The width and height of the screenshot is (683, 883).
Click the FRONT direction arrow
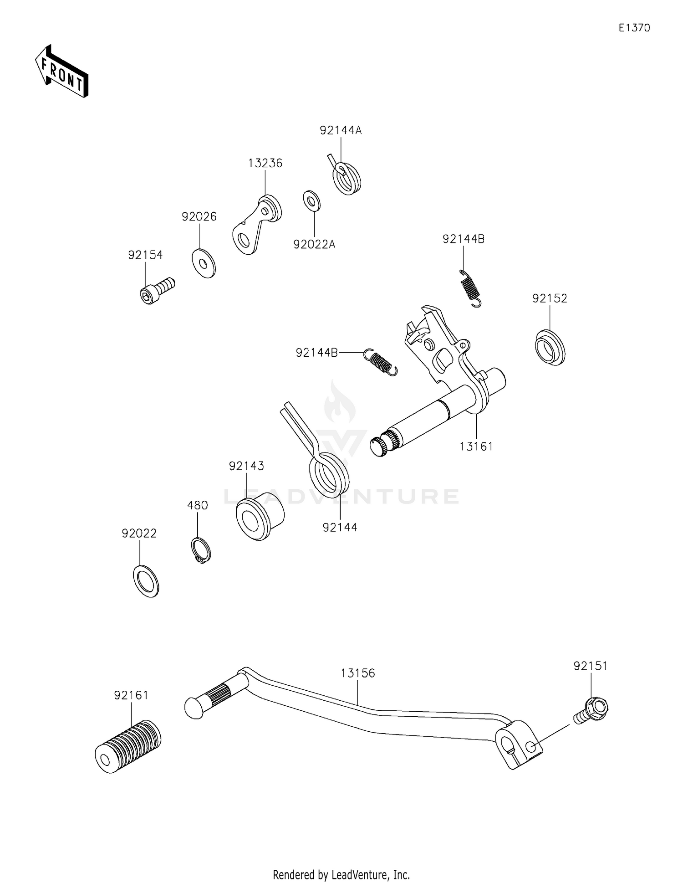click(x=61, y=72)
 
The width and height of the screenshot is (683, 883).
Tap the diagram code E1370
click(x=634, y=28)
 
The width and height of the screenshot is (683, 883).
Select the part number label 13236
click(x=265, y=163)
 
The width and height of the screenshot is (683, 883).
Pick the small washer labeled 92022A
click(x=311, y=201)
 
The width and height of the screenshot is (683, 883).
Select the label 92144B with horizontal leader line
click(x=316, y=352)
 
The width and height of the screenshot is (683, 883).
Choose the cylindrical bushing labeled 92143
click(x=259, y=519)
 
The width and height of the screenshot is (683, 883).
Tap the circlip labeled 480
click(x=200, y=550)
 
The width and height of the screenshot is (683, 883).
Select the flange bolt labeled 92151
click(x=592, y=711)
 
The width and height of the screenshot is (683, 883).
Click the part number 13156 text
click(x=358, y=673)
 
